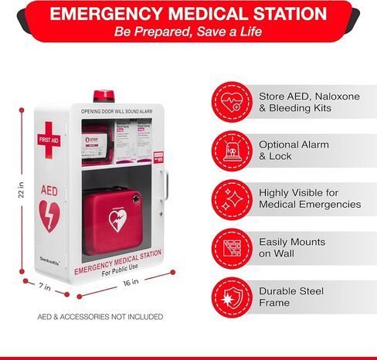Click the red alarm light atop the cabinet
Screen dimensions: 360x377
point(103,96)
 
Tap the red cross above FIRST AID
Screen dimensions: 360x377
point(49,128)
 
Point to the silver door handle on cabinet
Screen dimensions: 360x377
point(164,188)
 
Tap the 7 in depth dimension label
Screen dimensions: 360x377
point(45,287)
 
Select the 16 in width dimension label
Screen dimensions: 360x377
point(131,282)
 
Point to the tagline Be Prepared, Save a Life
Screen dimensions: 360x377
point(188,32)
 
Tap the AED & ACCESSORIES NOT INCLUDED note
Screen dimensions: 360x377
point(100,317)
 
